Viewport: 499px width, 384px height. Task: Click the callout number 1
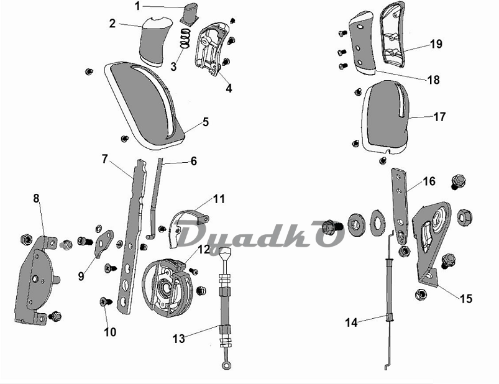[137, 6]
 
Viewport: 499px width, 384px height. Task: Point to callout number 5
[206, 122]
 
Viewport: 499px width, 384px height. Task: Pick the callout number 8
[36, 198]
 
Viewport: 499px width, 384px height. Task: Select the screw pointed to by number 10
[106, 301]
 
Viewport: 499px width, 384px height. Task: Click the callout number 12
[204, 249]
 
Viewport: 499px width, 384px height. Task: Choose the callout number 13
[179, 339]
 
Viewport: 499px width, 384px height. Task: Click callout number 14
[351, 322]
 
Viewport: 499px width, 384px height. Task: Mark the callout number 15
[466, 298]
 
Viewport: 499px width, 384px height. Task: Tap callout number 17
[439, 117]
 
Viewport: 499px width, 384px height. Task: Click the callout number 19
[436, 43]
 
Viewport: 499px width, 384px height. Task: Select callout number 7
[105, 159]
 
